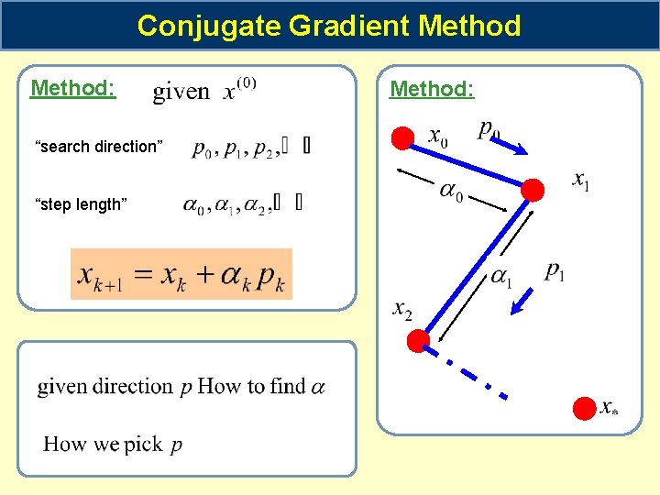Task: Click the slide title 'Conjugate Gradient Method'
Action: coord(329,26)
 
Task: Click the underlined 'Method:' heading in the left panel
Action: coord(72,89)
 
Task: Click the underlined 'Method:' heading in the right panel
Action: coord(432,89)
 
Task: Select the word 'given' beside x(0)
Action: coord(181,92)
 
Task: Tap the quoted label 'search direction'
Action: coord(99,147)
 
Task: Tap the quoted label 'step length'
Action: coord(81,204)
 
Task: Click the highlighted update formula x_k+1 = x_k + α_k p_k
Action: coord(181,274)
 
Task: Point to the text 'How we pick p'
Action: coord(113,445)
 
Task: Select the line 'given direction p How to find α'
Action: coord(181,387)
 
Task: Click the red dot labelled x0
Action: coord(402,138)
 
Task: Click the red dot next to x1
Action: coord(532,190)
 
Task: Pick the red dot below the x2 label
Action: coord(418,341)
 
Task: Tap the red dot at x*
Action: coord(584,409)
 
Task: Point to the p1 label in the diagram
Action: coord(555,270)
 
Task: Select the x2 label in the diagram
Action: coord(402,310)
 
